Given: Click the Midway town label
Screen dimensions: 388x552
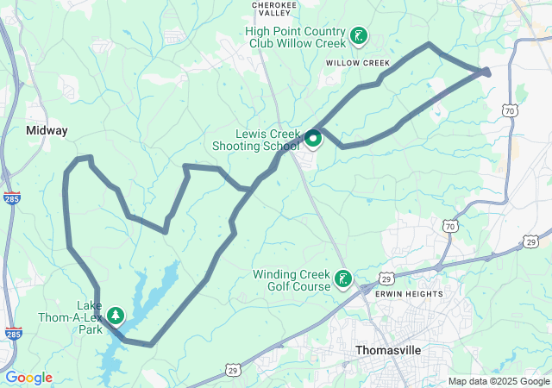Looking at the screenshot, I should click(x=47, y=130).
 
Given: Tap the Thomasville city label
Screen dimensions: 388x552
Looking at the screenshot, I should click(x=388, y=351).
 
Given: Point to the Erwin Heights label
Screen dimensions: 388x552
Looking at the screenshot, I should click(x=409, y=294).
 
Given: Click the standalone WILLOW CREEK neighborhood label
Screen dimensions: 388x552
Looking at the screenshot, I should click(x=358, y=63).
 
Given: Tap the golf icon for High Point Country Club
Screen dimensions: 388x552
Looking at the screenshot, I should click(x=358, y=36).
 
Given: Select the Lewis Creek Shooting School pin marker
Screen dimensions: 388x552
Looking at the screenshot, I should click(x=312, y=137).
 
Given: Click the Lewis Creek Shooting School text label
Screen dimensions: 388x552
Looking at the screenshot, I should click(x=256, y=140).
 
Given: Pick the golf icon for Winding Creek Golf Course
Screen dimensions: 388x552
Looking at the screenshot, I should click(x=343, y=278).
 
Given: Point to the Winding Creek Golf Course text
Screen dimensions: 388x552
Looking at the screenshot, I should click(x=292, y=280).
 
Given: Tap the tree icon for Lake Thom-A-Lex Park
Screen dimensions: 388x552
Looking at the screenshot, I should click(x=115, y=316).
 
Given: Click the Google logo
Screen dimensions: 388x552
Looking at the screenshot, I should click(x=28, y=378).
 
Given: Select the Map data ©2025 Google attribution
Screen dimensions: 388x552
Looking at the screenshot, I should click(x=498, y=381).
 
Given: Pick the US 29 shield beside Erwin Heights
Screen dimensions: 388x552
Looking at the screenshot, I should click(x=387, y=279).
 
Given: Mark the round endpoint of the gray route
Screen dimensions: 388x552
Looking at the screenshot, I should click(x=487, y=72).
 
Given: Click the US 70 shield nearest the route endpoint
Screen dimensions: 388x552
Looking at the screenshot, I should click(x=511, y=110).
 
